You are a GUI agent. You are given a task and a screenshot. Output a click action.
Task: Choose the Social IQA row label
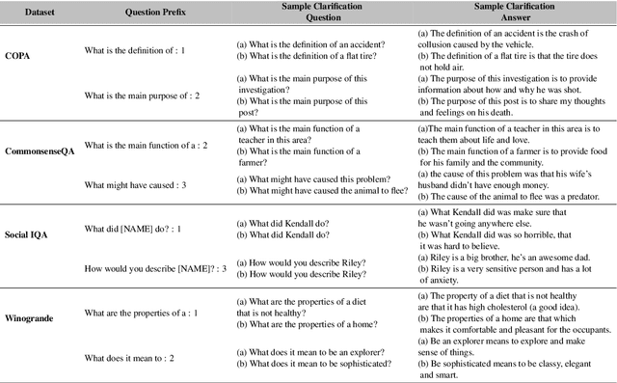[32, 228]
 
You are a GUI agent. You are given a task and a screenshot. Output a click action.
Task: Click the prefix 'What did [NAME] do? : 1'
[133, 228]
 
